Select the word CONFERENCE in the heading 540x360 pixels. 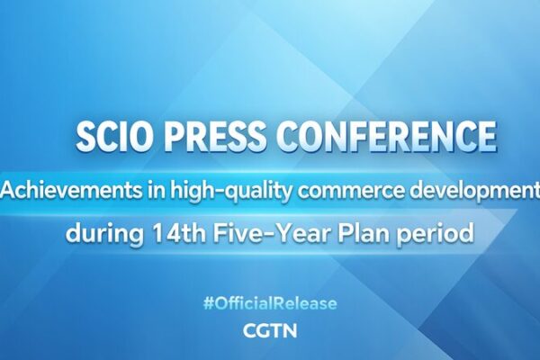point(384,138)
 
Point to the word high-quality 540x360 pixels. point(207,191)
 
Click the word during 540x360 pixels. point(100,234)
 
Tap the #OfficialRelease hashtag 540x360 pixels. point(270,303)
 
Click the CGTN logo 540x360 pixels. point(270,330)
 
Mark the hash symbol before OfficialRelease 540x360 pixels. point(209,303)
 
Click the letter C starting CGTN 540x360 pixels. point(251,330)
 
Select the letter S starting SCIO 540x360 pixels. point(84,138)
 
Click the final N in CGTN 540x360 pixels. point(290,330)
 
